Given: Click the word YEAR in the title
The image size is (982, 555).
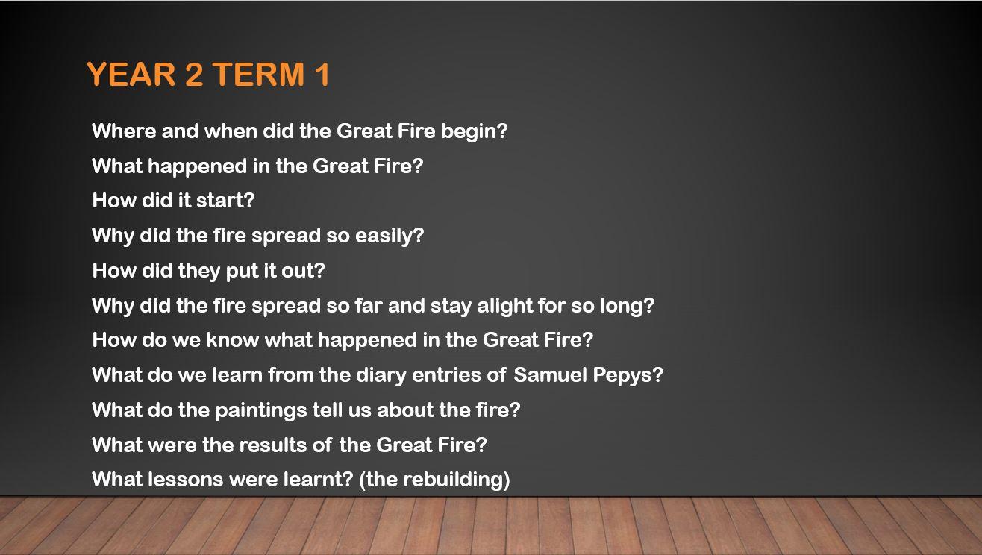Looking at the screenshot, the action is [131, 74].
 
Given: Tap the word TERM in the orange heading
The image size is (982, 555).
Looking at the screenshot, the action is [259, 74].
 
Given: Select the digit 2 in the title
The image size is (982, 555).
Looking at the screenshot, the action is [195, 74].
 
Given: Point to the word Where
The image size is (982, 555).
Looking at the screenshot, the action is [124, 131].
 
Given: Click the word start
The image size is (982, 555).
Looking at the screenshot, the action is [225, 201].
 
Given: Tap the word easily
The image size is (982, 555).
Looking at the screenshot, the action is [390, 236].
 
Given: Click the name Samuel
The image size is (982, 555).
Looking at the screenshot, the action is [550, 374].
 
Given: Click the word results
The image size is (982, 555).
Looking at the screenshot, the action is [272, 445].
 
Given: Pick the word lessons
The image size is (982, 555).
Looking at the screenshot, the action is [186, 480].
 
